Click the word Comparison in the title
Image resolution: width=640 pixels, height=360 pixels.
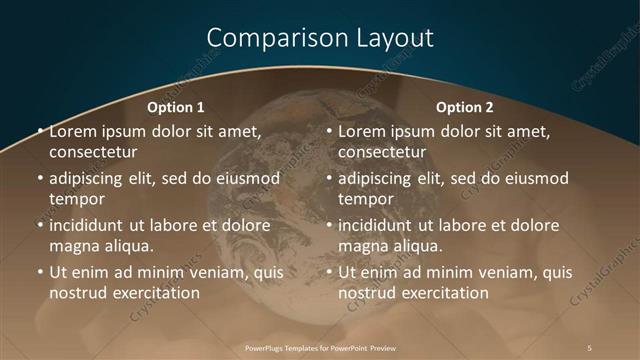click(266, 39)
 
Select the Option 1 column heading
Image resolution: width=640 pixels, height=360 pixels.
click(176, 107)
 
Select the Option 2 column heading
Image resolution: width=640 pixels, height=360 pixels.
click(465, 107)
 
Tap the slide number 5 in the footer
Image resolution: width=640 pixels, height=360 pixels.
click(590, 347)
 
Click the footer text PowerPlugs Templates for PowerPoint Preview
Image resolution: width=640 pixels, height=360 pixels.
click(320, 347)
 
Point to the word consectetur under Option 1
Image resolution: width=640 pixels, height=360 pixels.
click(92, 152)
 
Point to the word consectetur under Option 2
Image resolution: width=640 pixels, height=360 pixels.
click(382, 152)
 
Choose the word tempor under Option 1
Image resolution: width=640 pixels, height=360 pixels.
click(74, 199)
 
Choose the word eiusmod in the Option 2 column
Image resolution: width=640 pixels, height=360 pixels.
click(535, 178)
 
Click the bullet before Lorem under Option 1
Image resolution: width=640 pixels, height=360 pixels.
click(40, 131)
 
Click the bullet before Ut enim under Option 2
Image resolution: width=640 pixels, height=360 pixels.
click(329, 272)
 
